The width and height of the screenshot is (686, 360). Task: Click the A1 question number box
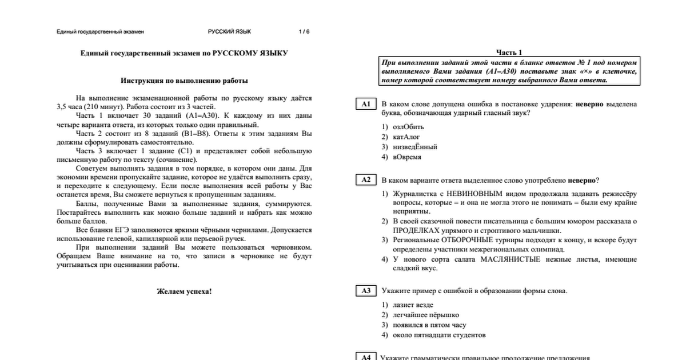[x=366, y=104]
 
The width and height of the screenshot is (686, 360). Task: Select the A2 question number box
[x=366, y=180]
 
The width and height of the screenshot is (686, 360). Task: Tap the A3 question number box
[x=366, y=291]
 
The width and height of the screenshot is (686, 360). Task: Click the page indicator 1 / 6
[x=304, y=31]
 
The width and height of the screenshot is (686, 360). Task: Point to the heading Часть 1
[x=509, y=52]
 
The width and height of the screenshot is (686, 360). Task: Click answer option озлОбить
[x=408, y=126]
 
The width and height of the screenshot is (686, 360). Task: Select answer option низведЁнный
[x=413, y=147]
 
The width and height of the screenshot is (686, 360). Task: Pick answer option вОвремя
[x=407, y=157]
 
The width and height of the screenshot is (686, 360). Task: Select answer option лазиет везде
[x=413, y=305]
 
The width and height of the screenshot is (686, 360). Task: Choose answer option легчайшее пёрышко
[x=425, y=315]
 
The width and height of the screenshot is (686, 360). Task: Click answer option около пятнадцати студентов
[x=439, y=335]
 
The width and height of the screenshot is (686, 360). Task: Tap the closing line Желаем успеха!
[x=184, y=291]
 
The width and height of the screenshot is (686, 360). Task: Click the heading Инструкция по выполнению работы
[x=184, y=81]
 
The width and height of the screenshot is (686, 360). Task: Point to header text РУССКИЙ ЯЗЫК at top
[x=229, y=31]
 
